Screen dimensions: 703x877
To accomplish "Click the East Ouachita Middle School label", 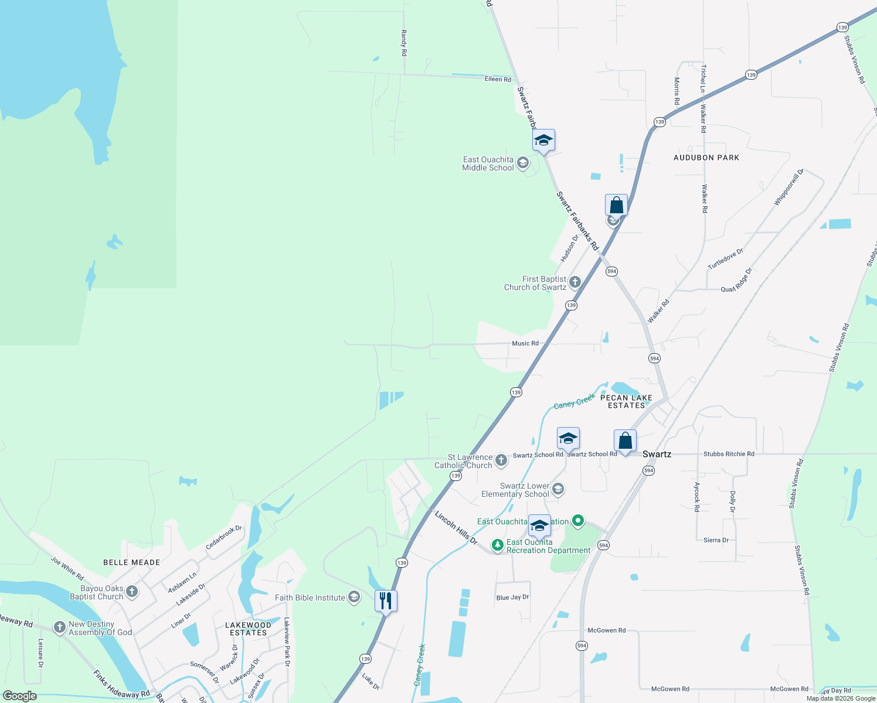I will tap(488, 163).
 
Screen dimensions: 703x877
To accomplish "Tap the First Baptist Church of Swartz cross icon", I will tap(575, 282).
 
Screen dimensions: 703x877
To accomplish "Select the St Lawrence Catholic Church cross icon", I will tap(501, 460).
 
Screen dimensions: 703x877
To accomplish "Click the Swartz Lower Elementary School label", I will tap(515, 490).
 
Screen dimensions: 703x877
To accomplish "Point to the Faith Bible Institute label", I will tap(310, 598).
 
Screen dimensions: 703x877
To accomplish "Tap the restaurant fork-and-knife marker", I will tap(386, 601).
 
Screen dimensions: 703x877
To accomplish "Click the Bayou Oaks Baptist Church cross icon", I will tap(132, 592).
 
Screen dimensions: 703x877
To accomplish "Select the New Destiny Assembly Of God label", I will tap(100, 628).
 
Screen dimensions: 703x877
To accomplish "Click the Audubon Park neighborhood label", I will tap(706, 158).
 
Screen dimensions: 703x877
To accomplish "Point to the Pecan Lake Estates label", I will tap(626, 401).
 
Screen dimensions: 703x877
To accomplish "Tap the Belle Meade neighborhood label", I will tap(132, 562).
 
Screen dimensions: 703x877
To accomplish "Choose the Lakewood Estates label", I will tap(249, 629).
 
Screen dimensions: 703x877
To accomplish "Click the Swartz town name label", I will tap(657, 454).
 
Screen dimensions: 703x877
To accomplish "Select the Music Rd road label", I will tap(525, 343).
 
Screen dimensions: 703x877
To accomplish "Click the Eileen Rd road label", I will tap(498, 79).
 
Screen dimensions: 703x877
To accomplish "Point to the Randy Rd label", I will tap(404, 43).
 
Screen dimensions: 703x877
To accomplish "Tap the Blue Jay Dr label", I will tap(512, 598).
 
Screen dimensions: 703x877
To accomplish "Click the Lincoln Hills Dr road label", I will tap(456, 527).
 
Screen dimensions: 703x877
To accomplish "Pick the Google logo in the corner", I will tap(20, 696).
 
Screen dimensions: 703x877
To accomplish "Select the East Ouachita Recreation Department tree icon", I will tap(498, 545).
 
